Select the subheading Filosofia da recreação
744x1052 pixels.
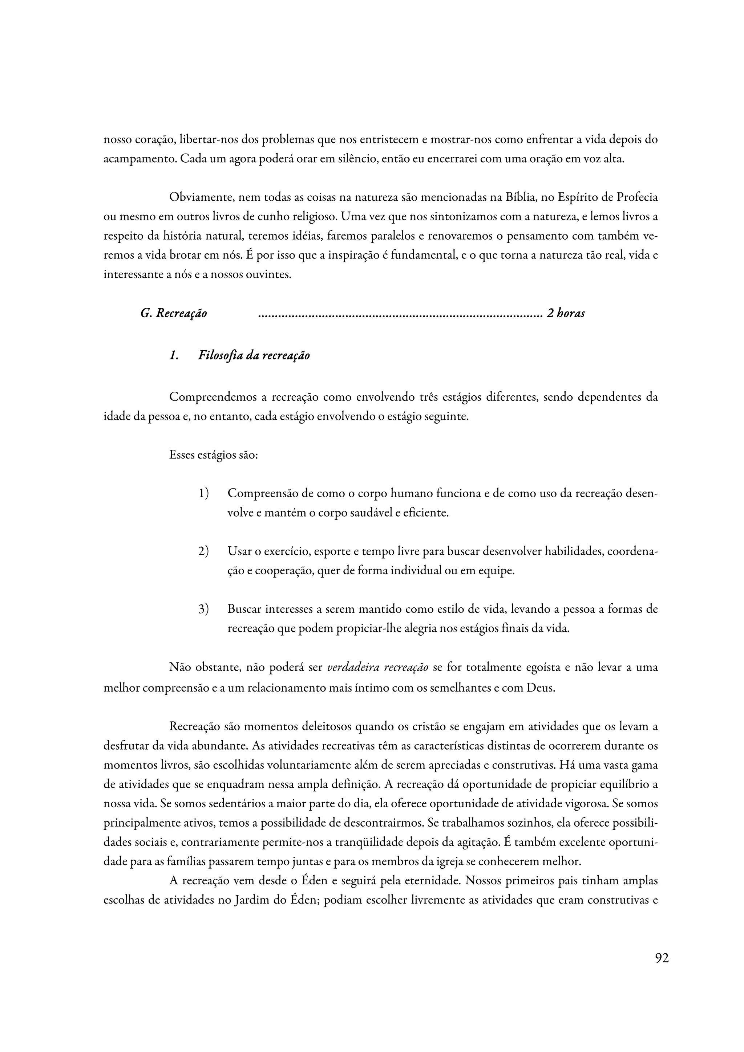point(254,355)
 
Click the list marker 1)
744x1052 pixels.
point(203,493)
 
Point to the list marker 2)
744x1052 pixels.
point(203,551)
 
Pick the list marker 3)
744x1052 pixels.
point(203,609)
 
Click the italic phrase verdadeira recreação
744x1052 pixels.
point(378,667)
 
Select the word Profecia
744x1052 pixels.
point(637,197)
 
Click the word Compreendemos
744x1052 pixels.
point(212,397)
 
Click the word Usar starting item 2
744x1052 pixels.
point(239,551)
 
